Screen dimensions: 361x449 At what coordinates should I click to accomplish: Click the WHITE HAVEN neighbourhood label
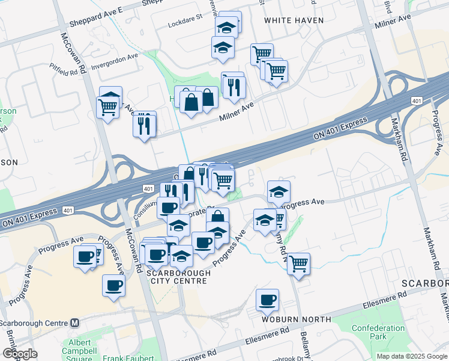294,20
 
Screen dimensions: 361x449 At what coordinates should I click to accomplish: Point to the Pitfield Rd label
64,72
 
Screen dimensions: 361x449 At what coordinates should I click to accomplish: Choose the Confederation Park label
378,332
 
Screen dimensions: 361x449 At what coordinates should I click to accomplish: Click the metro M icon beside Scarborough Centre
75,322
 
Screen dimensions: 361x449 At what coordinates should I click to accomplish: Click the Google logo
19,354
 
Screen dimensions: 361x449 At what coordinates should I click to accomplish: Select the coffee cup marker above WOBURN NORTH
267,299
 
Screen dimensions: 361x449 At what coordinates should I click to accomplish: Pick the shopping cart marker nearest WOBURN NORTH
298,263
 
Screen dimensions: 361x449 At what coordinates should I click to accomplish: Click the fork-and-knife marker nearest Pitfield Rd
143,125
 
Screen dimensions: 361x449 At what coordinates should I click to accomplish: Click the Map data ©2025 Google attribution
411,356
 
